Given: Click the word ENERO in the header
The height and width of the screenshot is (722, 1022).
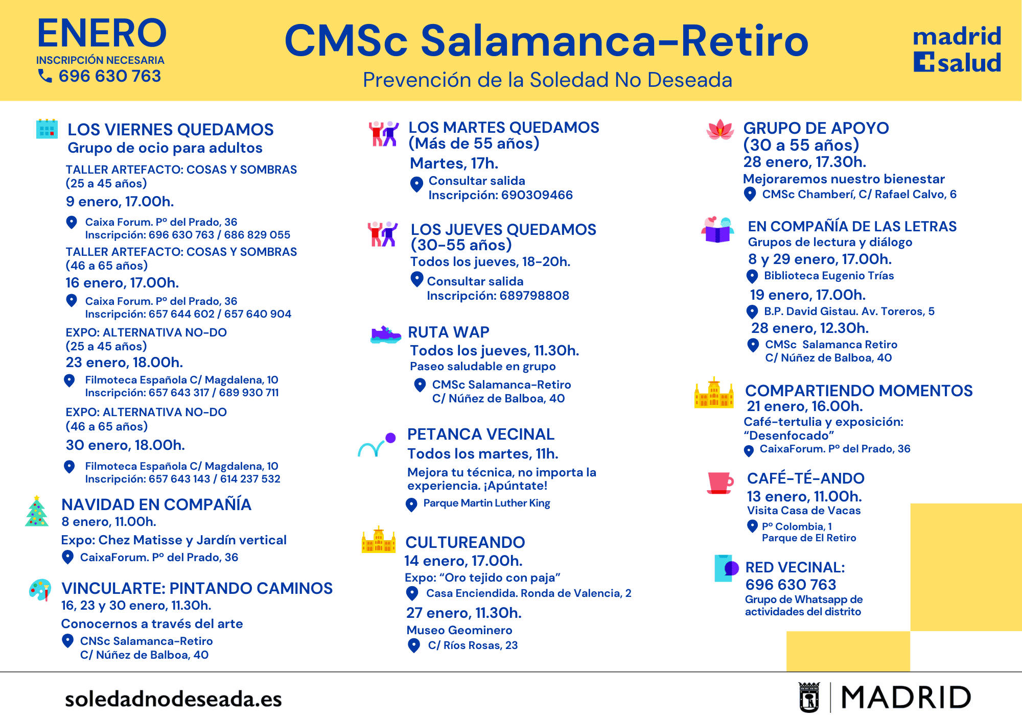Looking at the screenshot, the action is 102,33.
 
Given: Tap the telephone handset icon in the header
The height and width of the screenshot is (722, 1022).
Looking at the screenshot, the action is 45,76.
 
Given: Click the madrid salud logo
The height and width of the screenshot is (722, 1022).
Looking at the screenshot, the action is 957,50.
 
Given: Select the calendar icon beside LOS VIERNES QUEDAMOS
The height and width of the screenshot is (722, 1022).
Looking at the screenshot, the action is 47,129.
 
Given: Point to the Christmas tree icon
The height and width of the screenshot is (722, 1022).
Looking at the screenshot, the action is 37,511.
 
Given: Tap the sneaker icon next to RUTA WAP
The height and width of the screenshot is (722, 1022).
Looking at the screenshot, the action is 385,335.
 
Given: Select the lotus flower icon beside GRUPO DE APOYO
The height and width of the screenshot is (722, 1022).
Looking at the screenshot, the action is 720,130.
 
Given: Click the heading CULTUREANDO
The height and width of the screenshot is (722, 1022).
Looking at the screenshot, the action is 465,542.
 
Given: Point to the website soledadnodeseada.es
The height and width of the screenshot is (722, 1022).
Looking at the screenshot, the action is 173,699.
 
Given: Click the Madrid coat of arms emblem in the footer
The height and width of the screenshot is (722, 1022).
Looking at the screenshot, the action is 809,697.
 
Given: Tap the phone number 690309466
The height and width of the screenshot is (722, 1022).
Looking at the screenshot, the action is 537,195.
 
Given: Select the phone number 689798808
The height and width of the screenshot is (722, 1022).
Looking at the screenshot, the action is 535,296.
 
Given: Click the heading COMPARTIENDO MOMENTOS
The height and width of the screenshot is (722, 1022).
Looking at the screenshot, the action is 859,391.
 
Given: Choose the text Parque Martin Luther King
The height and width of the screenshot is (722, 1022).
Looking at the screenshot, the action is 487,503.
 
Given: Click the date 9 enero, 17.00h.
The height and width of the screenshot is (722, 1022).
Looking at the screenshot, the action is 120,202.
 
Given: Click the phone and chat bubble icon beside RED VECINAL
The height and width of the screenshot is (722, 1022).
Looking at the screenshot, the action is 726,568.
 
